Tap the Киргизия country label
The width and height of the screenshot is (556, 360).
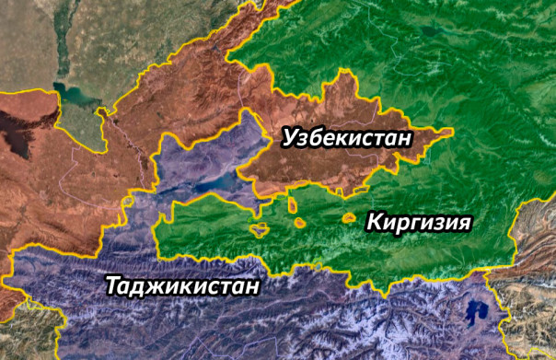point(419,222)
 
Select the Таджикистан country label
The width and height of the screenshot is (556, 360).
point(182,285)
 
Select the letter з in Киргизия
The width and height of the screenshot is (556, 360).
point(434,223)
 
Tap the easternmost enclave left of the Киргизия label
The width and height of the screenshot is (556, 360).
point(349,218)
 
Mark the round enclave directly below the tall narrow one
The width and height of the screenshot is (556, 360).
point(300,222)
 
